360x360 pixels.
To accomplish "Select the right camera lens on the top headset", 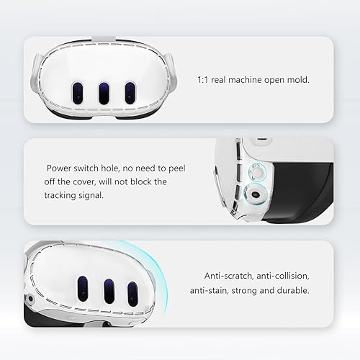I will tap(130, 92).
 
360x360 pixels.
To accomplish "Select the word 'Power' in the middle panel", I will tap(60, 167).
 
